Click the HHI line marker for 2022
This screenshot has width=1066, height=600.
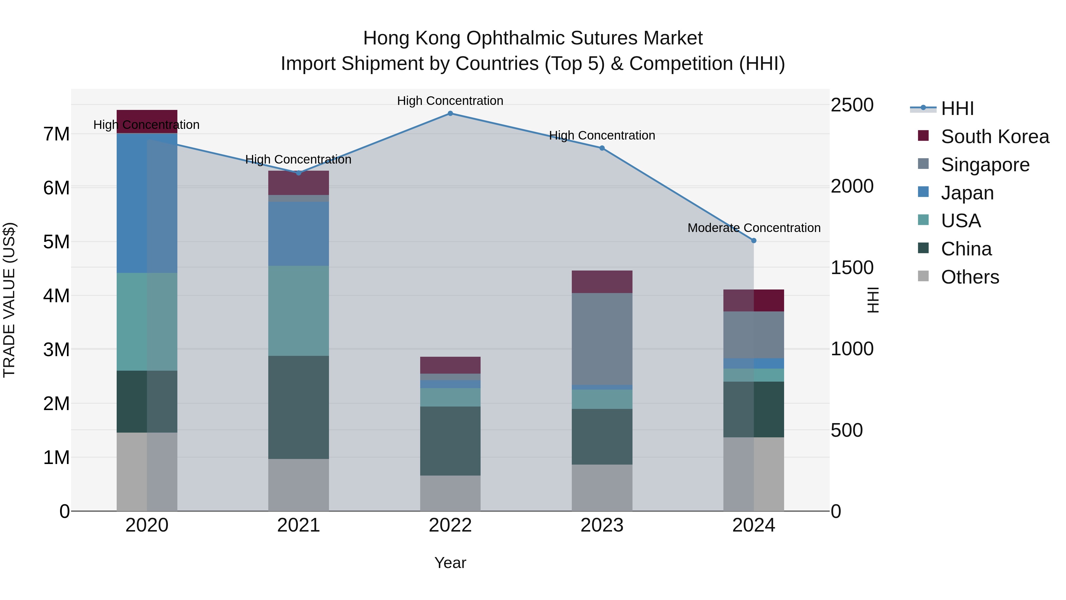(450, 113)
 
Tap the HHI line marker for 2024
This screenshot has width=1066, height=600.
(754, 241)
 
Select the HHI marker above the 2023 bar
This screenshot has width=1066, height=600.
(602, 148)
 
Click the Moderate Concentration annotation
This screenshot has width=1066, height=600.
(754, 228)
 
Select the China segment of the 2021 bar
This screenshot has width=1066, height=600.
(298, 407)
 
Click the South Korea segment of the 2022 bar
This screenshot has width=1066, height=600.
(450, 365)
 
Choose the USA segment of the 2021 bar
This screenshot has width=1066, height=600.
(298, 311)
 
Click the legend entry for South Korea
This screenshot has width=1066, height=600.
(995, 137)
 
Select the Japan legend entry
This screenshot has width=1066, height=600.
(967, 193)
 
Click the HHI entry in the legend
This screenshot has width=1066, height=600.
(957, 108)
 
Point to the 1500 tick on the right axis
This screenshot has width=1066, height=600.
(852, 268)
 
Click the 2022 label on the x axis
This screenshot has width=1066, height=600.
(450, 525)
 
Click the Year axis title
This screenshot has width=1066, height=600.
(450, 563)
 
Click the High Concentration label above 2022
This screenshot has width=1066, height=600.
(450, 101)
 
